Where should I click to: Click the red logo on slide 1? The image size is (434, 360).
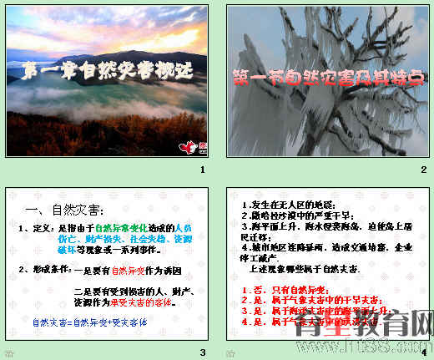pos(188,147)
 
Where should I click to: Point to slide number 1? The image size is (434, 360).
pos(201,170)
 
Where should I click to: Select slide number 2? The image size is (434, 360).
pos(423,170)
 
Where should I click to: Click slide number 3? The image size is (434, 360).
pos(201,351)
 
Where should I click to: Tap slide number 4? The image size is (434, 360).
pos(423,351)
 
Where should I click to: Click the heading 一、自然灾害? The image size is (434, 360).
pos(63,208)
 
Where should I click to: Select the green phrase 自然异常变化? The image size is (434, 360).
pos(121,227)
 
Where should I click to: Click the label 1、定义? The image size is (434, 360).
pos(36,227)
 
